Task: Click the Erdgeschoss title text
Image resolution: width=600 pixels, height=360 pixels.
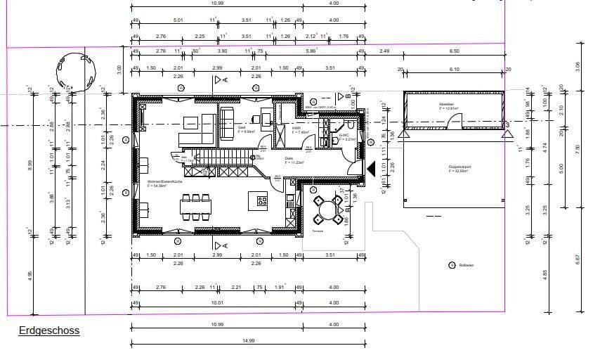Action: (49, 330)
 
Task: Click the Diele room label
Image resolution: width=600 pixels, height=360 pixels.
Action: (289, 160)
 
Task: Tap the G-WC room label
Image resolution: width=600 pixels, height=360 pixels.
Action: (345, 136)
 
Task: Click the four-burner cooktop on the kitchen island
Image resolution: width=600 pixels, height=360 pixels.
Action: (262, 201)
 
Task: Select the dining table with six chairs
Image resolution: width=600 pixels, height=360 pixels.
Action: (196, 207)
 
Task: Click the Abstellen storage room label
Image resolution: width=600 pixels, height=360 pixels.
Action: (450, 106)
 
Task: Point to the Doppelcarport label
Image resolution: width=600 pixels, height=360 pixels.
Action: (459, 168)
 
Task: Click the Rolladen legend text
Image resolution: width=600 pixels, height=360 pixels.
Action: (467, 265)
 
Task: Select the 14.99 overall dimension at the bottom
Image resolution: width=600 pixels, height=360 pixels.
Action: (249, 340)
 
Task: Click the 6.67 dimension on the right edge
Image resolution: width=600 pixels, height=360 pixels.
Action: (578, 258)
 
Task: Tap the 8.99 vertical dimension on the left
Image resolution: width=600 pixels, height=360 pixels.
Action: (30, 166)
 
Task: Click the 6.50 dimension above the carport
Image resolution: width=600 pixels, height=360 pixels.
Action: (454, 51)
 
